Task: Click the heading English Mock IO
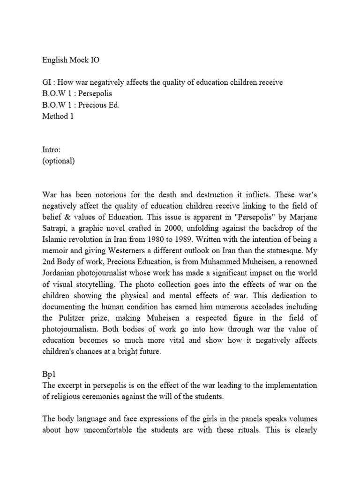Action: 70,60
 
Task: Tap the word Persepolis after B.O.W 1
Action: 99,93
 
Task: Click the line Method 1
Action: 58,116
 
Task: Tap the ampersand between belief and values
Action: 67,217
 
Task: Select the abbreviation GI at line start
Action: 47,82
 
